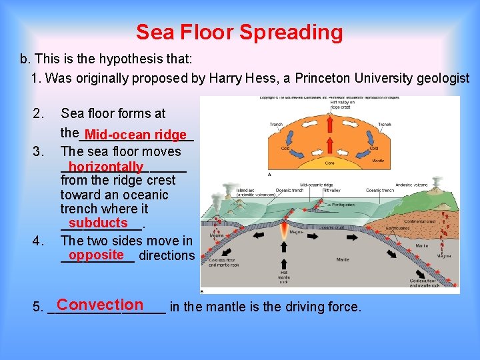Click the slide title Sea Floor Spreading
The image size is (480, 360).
click(239, 32)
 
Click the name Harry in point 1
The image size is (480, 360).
click(223, 79)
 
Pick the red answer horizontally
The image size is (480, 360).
click(105, 167)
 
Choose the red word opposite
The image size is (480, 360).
click(96, 255)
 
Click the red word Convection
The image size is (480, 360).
click(100, 305)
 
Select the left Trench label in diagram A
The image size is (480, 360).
click(276, 124)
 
